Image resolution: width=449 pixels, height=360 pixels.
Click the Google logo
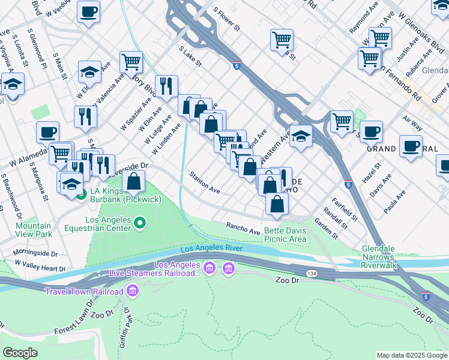(20, 353)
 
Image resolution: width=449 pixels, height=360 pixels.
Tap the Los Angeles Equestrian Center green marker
(140, 224)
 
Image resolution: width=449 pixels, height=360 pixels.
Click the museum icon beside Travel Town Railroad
(133, 292)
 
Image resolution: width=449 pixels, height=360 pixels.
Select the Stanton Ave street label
(205, 182)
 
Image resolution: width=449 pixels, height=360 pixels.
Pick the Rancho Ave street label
(243, 228)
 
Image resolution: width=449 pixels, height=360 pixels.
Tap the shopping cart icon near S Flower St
(282, 40)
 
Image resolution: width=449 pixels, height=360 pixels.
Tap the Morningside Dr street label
(35, 254)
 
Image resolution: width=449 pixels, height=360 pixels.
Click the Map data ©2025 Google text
(412, 355)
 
